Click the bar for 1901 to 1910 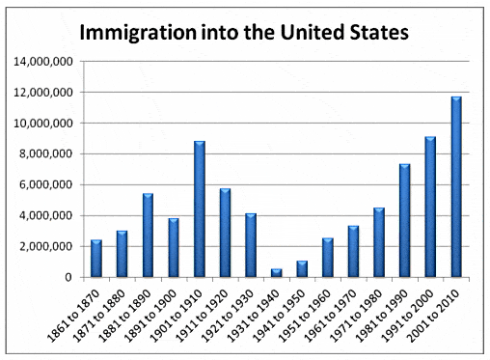coord(199,209)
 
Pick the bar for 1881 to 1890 coord(148,235)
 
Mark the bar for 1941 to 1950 coord(302,269)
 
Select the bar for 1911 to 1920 coord(225,233)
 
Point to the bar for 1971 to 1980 coord(378,242)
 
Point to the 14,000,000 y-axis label coord(43,62)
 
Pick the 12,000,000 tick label coord(43,93)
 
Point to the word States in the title coord(375,31)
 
